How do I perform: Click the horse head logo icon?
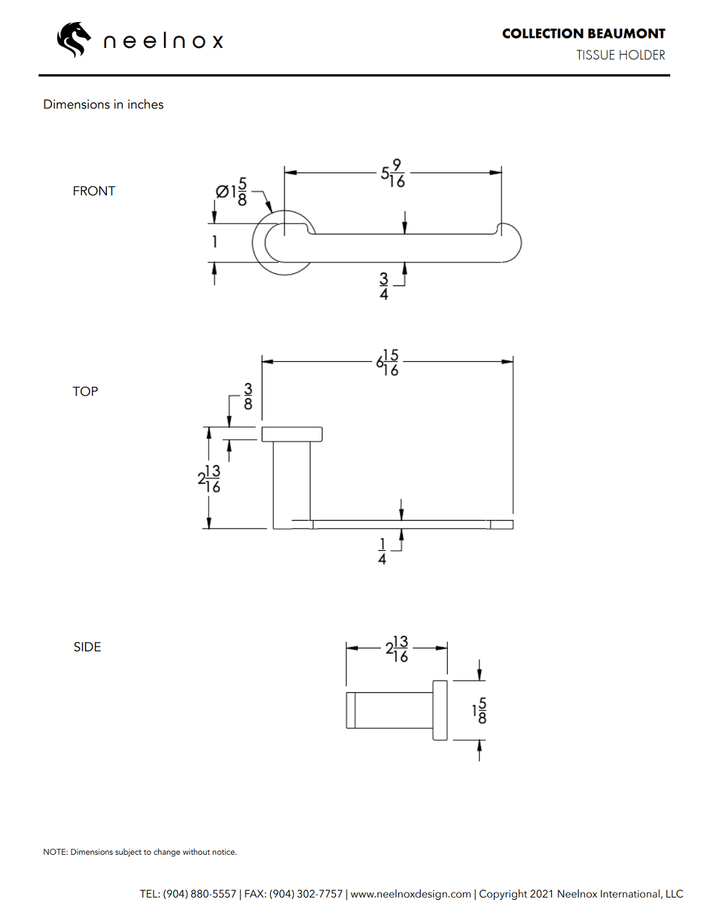pyautogui.click(x=74, y=39)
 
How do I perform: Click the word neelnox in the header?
pyautogui.click(x=163, y=41)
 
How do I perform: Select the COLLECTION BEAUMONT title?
pyautogui.click(x=583, y=34)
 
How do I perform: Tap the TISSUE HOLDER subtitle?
pyautogui.click(x=620, y=55)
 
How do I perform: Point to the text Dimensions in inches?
pyautogui.click(x=103, y=104)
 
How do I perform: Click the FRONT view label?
pyautogui.click(x=93, y=191)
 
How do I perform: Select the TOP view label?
pyautogui.click(x=86, y=392)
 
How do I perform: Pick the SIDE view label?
pyautogui.click(x=87, y=647)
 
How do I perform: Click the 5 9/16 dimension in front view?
pyautogui.click(x=393, y=173)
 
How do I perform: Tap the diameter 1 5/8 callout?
pyautogui.click(x=232, y=192)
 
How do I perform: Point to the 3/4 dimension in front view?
pyautogui.click(x=384, y=286)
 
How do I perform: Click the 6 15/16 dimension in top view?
pyautogui.click(x=388, y=362)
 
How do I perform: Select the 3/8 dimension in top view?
pyautogui.click(x=248, y=397)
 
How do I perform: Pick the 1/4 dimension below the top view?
pyautogui.click(x=382, y=552)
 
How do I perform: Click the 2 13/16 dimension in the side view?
pyautogui.click(x=397, y=649)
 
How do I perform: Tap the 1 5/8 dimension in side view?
pyautogui.click(x=480, y=711)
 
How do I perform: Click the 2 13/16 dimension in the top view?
pyautogui.click(x=210, y=479)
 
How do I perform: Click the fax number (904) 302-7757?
pyautogui.click(x=306, y=894)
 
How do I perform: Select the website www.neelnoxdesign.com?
pyautogui.click(x=411, y=894)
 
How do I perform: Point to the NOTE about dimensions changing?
pyautogui.click(x=140, y=852)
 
